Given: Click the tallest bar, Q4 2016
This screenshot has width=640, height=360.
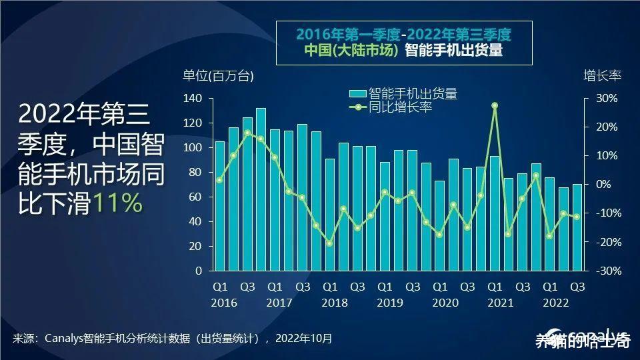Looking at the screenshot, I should (x=261, y=189).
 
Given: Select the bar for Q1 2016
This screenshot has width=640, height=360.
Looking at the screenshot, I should (x=219, y=206).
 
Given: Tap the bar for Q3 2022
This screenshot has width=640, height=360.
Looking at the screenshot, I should (x=577, y=227).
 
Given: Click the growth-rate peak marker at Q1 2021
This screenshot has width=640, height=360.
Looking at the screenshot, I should (x=494, y=105).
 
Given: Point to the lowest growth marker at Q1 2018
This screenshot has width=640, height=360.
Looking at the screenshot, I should (x=329, y=243).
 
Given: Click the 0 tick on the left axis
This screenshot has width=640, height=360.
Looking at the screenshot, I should (x=197, y=271).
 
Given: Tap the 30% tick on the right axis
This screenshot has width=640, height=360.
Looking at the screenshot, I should (x=607, y=99).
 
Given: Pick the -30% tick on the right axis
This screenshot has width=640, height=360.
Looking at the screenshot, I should (x=607, y=271).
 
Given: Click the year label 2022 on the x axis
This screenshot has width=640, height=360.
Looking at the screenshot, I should (x=555, y=303).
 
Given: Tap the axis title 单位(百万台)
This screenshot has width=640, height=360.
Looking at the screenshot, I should (x=218, y=76).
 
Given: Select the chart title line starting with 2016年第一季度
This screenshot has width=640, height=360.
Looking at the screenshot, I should (x=404, y=34).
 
